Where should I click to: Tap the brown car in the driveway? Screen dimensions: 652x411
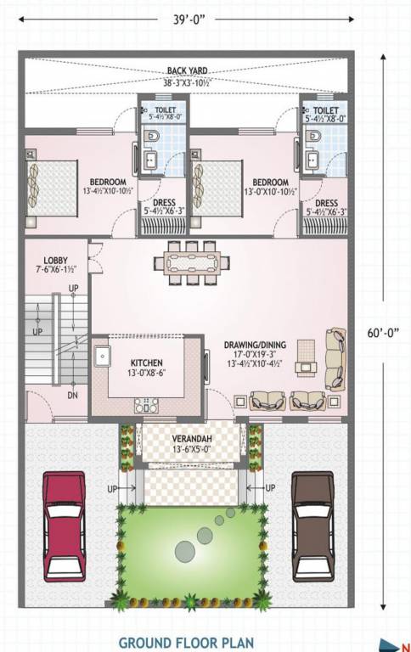coord(313,526)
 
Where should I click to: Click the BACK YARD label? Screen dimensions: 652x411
coord(187,70)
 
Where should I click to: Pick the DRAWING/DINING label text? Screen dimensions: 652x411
coord(254,345)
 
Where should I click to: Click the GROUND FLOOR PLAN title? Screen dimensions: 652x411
coord(186,642)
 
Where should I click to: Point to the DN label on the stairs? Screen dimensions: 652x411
coord(73,395)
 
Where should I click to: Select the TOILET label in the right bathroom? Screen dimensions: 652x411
coord(325,110)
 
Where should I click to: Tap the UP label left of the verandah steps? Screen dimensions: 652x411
coord(111,488)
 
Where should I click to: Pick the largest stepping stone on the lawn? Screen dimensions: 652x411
coord(185,552)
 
